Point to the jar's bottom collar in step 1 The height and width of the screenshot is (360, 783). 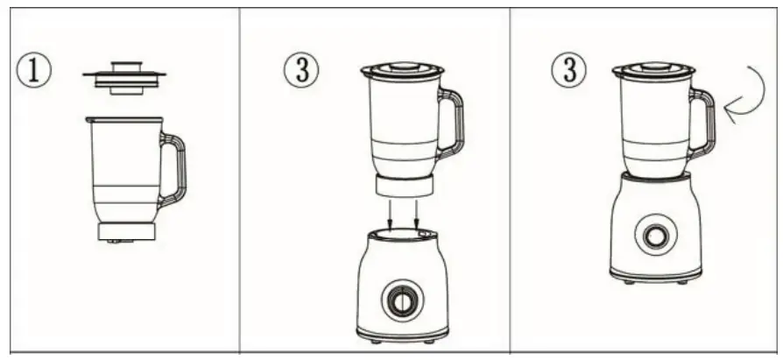[126, 231]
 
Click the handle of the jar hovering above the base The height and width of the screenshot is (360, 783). [452, 123]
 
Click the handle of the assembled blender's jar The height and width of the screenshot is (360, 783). [702, 123]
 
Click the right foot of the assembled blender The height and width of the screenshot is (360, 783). [683, 281]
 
